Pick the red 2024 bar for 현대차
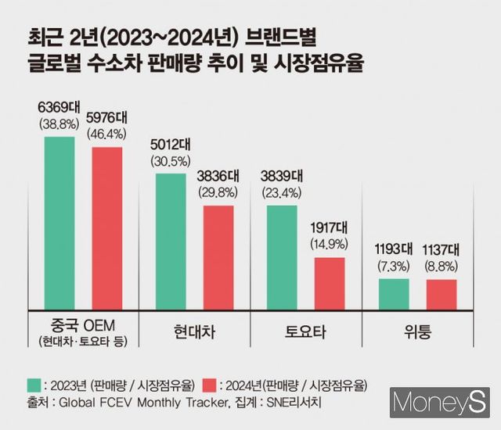coord(218,256)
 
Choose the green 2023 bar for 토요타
coord(282,256)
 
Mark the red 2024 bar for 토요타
coord(330,282)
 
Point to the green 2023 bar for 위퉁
coord(394,293)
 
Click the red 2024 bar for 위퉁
coord(442,293)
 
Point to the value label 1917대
coord(330,228)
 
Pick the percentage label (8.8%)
coord(442,266)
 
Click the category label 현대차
coord(195,332)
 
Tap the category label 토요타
coord(305,332)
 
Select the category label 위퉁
coord(416,332)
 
